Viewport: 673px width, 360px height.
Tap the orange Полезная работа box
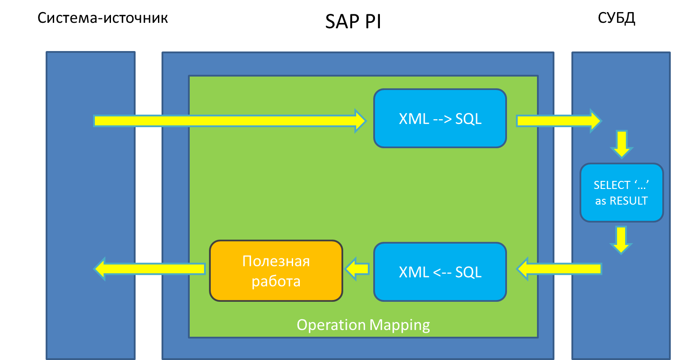click(x=276, y=271)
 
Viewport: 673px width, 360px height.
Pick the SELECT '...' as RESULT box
click(x=622, y=193)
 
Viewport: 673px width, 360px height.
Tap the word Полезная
click(x=276, y=261)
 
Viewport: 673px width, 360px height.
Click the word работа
click(x=276, y=281)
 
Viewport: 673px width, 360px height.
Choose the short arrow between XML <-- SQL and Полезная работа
click(x=357, y=269)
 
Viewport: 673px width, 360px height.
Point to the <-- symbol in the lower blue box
click(x=442, y=272)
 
